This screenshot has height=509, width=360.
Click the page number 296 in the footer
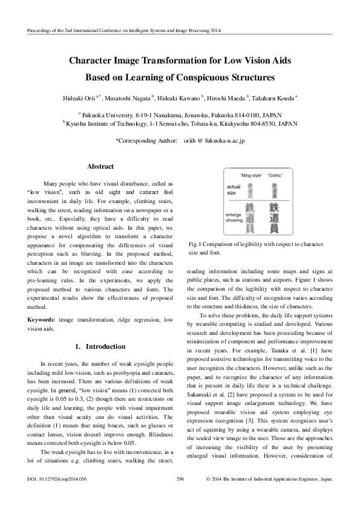[180, 494]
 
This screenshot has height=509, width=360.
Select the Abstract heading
[100, 166]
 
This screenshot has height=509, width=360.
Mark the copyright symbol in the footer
[209, 494]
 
